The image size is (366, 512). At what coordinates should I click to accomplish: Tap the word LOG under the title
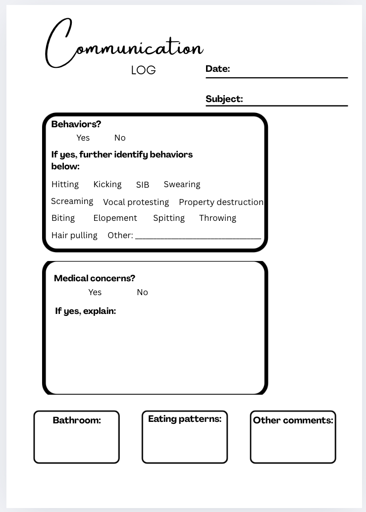tap(144, 70)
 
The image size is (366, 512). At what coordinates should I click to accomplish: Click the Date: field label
tap(218, 69)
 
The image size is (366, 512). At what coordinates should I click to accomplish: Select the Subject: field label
tap(224, 99)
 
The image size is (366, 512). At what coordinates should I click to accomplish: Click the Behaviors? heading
tap(76, 124)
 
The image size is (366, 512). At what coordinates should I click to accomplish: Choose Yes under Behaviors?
tap(83, 138)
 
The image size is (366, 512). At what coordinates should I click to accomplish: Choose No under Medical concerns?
tap(142, 292)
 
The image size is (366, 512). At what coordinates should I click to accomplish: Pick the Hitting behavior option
tap(65, 184)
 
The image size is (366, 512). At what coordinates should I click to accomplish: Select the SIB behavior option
tap(143, 185)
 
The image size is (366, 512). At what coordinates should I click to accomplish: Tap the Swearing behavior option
tap(182, 184)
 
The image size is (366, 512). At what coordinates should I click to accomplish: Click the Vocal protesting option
tap(136, 202)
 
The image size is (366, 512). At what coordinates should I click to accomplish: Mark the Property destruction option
tap(221, 202)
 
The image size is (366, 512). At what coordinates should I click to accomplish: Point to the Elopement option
tap(115, 218)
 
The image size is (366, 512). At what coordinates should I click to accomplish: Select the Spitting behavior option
tap(169, 218)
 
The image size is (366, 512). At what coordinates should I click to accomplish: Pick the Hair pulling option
tap(74, 235)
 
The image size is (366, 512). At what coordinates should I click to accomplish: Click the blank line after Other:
tap(198, 237)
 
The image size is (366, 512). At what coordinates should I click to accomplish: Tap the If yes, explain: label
tap(86, 311)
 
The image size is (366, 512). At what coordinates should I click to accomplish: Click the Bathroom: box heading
tap(77, 420)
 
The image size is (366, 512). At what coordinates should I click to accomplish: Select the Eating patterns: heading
tap(185, 419)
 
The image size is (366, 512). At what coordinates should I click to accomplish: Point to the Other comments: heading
tap(293, 420)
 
